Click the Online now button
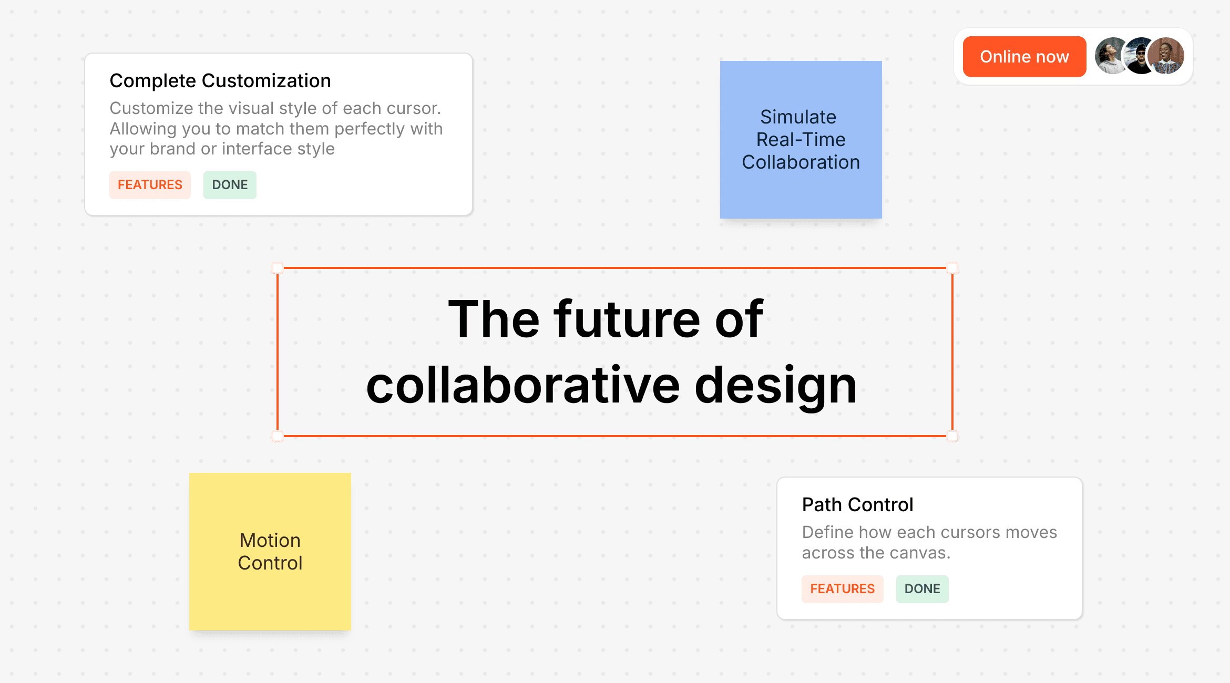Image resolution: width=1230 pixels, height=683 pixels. point(1024,57)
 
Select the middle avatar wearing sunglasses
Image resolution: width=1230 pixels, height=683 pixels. point(1138,56)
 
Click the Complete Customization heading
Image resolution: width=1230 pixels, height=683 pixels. point(220,81)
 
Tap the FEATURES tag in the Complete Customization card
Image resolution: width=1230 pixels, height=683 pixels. point(150,185)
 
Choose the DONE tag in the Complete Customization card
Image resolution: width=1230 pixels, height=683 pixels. point(230,185)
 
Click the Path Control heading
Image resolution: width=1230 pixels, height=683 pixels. point(857,505)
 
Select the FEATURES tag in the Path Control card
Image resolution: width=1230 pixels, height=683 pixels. point(842,589)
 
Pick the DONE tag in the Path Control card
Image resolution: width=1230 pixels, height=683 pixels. point(922,589)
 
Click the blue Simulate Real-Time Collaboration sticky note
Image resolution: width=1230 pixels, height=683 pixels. point(801,140)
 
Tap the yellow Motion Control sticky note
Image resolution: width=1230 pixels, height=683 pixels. point(270,552)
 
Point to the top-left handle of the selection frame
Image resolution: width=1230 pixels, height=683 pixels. point(278,268)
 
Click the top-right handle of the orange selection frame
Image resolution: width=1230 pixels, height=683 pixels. point(952,268)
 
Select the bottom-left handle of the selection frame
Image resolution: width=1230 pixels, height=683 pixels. point(278,436)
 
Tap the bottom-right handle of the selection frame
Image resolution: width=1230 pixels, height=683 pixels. point(952,436)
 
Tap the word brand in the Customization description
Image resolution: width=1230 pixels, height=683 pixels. point(172,149)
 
